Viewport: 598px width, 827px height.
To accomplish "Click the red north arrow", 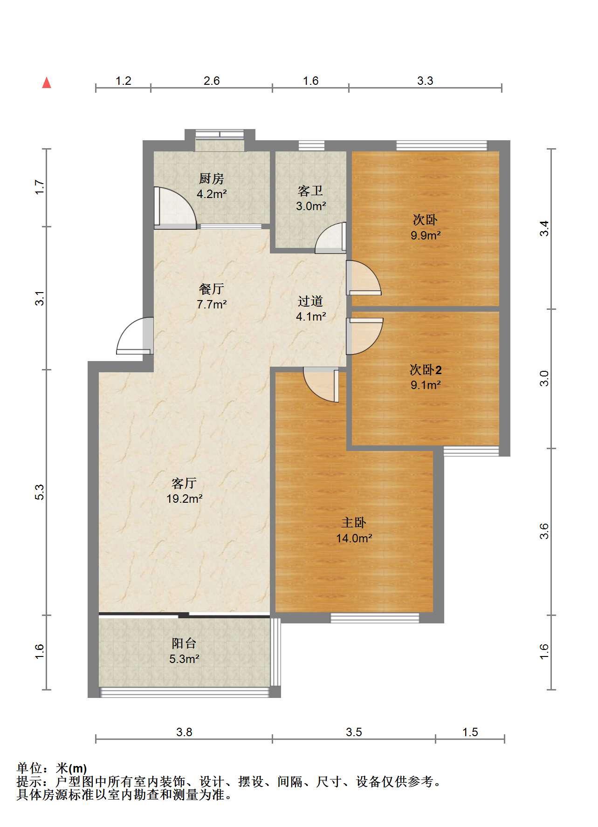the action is click(x=47, y=82).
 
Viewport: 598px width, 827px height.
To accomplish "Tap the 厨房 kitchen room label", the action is click(x=212, y=178).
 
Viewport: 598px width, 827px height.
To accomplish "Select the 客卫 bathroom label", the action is click(x=310, y=191).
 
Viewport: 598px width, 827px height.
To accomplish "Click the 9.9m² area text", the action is click(x=426, y=235).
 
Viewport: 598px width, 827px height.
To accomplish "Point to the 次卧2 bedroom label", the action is click(x=426, y=370).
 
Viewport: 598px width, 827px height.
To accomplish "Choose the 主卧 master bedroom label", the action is click(x=354, y=523).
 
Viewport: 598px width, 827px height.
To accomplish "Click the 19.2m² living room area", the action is click(x=185, y=499).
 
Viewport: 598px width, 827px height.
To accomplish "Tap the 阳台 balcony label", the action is click(x=184, y=643).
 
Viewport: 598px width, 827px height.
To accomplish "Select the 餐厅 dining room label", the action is click(x=212, y=289).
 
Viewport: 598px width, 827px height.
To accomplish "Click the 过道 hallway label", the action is click(x=310, y=301).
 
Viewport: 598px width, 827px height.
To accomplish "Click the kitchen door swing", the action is click(x=175, y=208).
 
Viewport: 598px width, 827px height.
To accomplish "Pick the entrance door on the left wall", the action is click(x=135, y=335).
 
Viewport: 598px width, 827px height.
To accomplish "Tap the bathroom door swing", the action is click(x=330, y=238).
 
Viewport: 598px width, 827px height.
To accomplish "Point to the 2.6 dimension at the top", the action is click(x=212, y=81).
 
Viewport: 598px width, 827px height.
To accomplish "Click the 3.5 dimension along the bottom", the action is click(x=354, y=732).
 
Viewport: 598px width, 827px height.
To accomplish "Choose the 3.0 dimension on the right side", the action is click(x=544, y=378).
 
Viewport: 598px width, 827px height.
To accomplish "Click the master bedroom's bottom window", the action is click(x=375, y=618).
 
